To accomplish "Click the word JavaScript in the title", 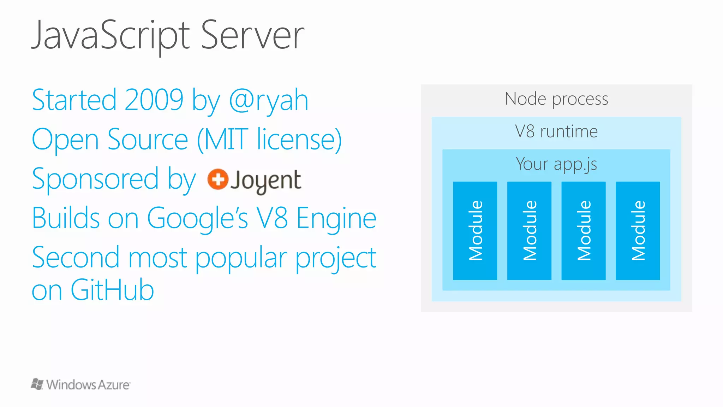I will pyautogui.click(x=111, y=35).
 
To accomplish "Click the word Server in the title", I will pyautogui.click(x=252, y=35).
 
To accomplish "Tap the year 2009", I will pyautogui.click(x=154, y=100).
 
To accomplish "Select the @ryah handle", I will pyautogui.click(x=269, y=101).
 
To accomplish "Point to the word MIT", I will pyautogui.click(x=226, y=140).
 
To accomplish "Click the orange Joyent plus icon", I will pyautogui.click(x=217, y=179).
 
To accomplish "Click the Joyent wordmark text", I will pyautogui.click(x=266, y=181).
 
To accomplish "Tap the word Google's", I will pyautogui.click(x=197, y=218).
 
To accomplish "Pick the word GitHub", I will pyautogui.click(x=112, y=290).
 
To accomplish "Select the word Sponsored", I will pyautogui.click(x=95, y=179).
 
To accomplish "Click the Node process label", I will pyautogui.click(x=556, y=99).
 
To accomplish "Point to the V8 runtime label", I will pyautogui.click(x=556, y=131).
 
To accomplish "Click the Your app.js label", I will pyautogui.click(x=556, y=164).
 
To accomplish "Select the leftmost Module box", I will pyautogui.click(x=475, y=231).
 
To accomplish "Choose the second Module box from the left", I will pyautogui.click(x=529, y=231).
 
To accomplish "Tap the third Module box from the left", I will pyautogui.click(x=584, y=231).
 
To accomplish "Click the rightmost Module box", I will pyautogui.click(x=638, y=231).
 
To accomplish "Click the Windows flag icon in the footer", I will pyautogui.click(x=37, y=384).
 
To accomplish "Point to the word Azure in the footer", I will pyautogui.click(x=114, y=385).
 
